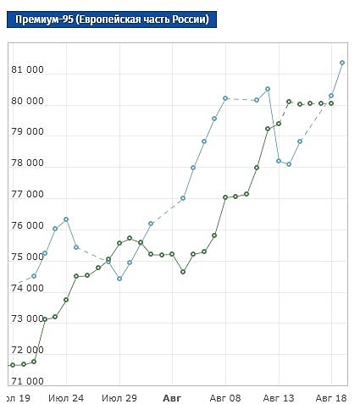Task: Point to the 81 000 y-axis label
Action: point(27,71)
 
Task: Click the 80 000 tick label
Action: point(27,102)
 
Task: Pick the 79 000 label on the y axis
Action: point(27,134)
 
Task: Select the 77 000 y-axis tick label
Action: point(27,196)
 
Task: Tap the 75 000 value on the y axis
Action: point(27,257)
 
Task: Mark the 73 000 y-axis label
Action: point(27,320)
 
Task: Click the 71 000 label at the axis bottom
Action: point(27,382)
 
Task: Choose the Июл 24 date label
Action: point(66,397)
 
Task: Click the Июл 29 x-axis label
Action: point(119,397)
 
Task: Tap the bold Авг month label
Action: point(172,397)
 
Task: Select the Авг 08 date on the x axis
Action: point(224,397)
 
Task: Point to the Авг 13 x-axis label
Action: point(278,397)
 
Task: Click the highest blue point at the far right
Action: point(342,63)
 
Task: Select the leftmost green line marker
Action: point(13,365)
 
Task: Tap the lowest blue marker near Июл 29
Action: point(119,279)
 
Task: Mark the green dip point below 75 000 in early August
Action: point(183,272)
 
